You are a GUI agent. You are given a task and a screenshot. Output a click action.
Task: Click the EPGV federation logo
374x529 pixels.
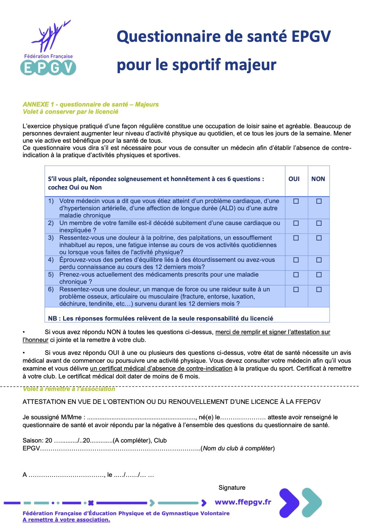(x=48, y=48)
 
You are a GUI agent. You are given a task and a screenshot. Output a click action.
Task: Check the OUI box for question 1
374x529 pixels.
(x=296, y=201)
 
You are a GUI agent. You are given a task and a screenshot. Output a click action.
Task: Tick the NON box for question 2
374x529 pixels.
(x=319, y=223)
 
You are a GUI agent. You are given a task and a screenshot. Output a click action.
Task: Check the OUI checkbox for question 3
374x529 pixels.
(x=296, y=238)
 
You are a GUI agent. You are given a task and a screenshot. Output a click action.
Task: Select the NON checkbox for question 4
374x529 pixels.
(x=319, y=260)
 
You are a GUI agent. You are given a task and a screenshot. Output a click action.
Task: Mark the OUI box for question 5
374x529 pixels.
(x=296, y=275)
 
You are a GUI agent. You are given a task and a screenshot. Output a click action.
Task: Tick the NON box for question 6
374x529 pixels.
(x=319, y=289)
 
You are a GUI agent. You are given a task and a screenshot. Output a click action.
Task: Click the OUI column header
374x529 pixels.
(x=294, y=179)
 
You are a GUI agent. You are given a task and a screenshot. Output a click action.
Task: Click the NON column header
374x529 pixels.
(x=318, y=179)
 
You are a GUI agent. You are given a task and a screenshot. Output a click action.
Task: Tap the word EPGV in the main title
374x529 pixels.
(x=311, y=36)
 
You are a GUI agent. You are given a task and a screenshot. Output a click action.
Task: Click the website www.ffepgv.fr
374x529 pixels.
(x=243, y=502)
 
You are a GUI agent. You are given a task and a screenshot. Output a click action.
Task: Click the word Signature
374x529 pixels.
(x=232, y=488)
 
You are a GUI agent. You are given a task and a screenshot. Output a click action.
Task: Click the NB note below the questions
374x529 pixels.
(x=160, y=318)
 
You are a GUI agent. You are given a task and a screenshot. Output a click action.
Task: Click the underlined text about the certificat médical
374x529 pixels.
(x=161, y=368)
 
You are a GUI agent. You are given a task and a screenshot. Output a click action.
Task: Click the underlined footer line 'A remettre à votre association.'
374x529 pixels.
(x=66, y=520)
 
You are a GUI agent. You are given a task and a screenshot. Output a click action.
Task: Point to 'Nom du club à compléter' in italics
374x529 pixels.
(x=238, y=448)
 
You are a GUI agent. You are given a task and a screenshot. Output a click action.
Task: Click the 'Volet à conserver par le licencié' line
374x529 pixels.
(x=70, y=112)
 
